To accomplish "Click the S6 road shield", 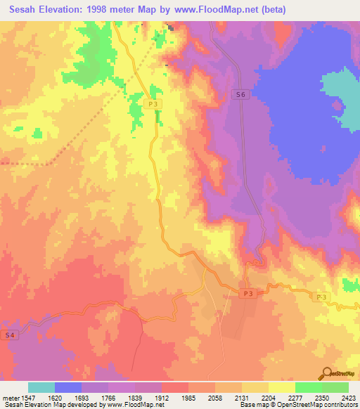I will (241, 94).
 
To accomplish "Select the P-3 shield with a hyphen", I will (321, 298).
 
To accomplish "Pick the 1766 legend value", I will (110, 397).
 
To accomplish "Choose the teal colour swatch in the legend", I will (41, 387).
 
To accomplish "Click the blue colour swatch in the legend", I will (68, 387).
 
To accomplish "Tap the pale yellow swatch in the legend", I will (282, 387).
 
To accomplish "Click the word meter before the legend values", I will (11, 397).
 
